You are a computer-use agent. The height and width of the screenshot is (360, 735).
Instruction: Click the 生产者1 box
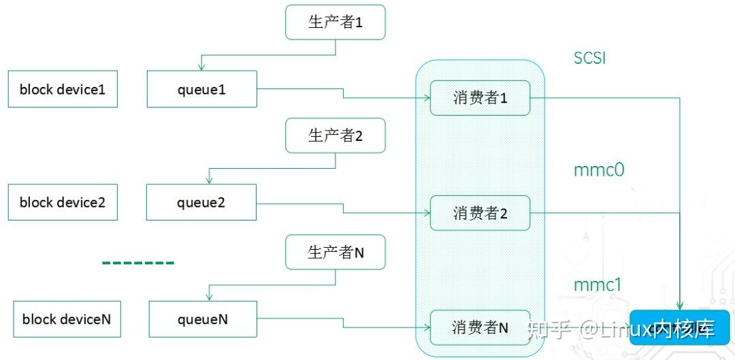(336, 22)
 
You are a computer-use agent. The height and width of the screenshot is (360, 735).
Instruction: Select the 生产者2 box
(336, 135)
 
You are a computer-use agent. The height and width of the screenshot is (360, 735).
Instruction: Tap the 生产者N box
(336, 252)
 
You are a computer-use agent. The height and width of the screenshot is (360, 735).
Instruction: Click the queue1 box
(201, 88)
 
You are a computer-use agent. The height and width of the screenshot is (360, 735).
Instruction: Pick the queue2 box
(201, 202)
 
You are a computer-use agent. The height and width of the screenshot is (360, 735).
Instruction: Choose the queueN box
(202, 318)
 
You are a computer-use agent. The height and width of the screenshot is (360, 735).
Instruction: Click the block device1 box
(63, 88)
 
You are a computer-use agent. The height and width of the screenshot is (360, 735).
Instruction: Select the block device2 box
(63, 202)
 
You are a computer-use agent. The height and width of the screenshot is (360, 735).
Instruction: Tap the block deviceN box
(67, 318)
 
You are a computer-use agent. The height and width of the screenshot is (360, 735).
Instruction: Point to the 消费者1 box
(480, 98)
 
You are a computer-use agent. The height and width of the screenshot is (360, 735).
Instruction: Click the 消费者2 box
(480, 214)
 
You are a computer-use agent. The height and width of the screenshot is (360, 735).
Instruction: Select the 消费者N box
(480, 327)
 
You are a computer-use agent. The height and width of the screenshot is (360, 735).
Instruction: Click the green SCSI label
(589, 59)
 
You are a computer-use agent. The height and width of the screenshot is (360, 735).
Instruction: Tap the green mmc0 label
(598, 170)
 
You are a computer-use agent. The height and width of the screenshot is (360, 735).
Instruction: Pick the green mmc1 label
(598, 284)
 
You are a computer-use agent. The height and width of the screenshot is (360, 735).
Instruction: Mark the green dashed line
(138, 262)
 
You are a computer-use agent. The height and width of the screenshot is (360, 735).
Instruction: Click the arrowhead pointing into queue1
(201, 67)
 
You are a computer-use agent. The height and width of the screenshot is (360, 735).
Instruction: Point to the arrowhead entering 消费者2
(427, 213)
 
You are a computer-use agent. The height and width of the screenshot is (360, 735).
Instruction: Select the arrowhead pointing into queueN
(210, 297)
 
